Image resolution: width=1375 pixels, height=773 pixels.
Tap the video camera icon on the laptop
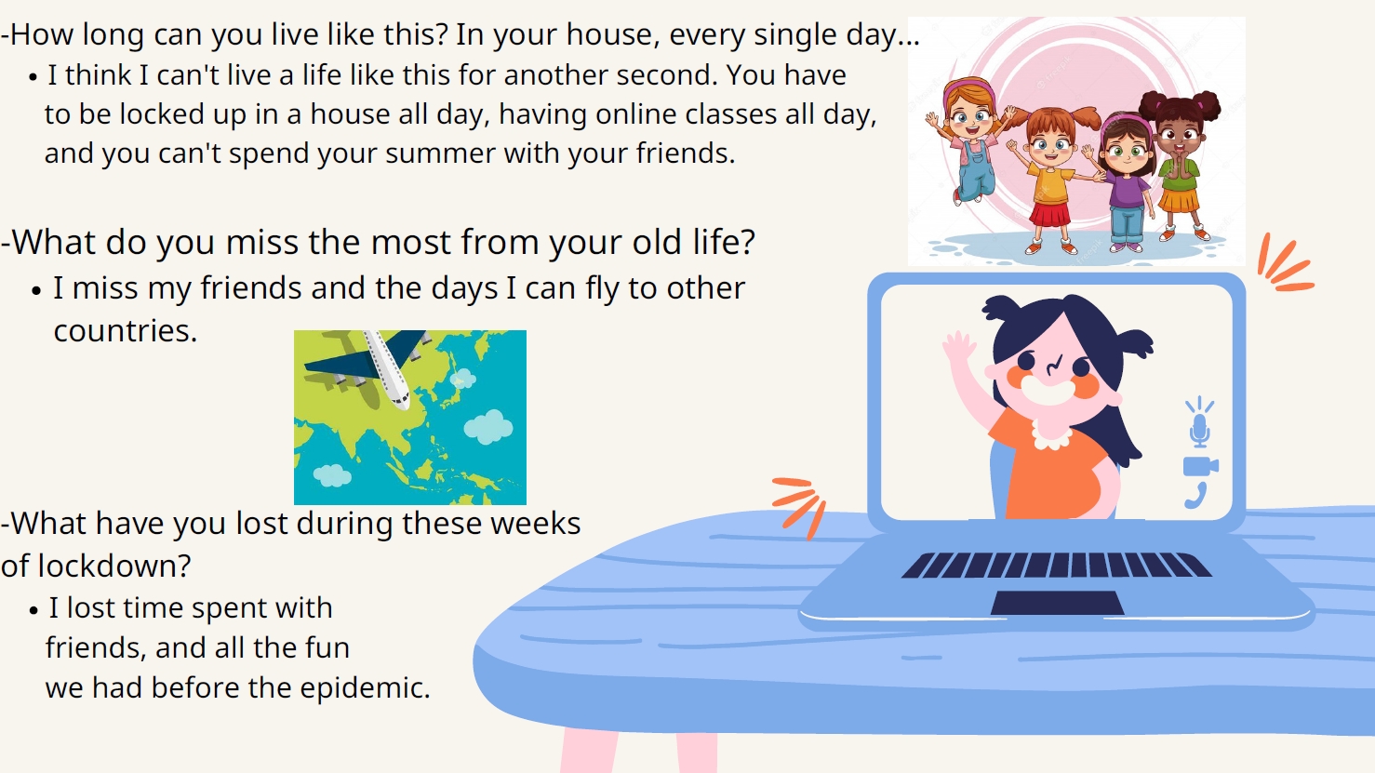pos(1201,467)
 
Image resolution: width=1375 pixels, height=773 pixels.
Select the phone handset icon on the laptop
pos(1195,496)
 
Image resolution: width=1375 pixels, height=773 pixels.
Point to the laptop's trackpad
pos(1057,603)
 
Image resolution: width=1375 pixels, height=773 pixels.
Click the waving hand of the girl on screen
pos(958,348)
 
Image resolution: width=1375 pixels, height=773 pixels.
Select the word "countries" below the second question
pos(126,331)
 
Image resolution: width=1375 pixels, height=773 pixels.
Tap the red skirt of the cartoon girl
pos(1049,213)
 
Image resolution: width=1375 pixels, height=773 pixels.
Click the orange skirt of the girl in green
pos(1178,200)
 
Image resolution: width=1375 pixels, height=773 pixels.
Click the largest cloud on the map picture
pos(488,427)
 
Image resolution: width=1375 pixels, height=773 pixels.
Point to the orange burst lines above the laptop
pos(1284,263)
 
